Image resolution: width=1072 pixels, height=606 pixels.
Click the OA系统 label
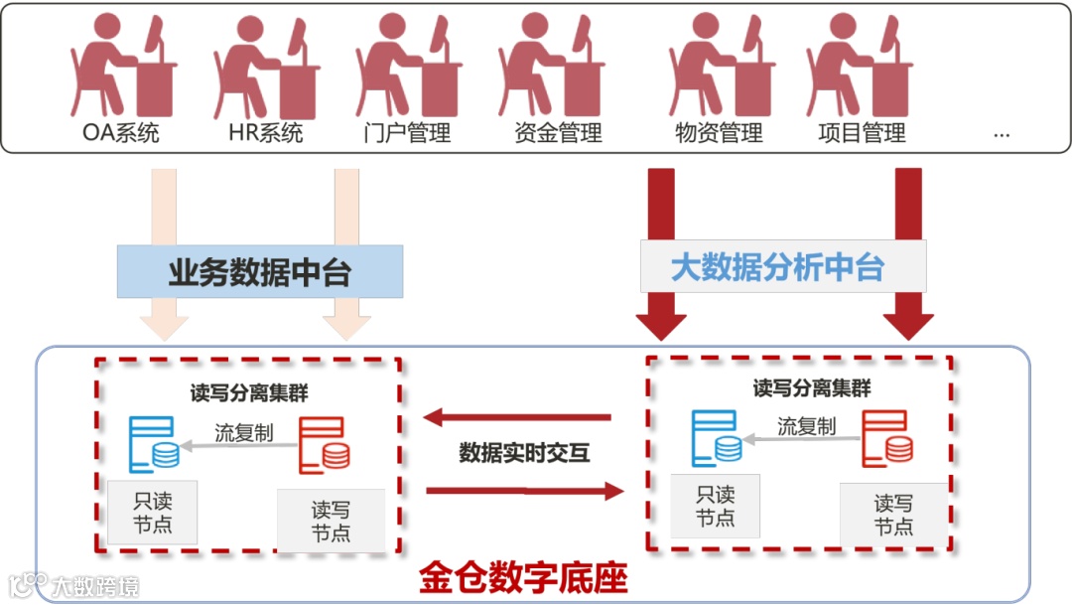tap(121, 132)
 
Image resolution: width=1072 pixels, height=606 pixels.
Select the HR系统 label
tap(265, 132)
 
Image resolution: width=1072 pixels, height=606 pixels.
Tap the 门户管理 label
tap(407, 132)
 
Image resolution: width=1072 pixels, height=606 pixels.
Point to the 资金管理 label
tap(558, 132)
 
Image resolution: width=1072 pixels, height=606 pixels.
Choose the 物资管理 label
tap(719, 132)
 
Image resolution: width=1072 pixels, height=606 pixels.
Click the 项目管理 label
tap(862, 132)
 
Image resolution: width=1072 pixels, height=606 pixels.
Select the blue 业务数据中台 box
tap(260, 271)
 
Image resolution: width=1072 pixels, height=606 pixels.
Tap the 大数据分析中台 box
tap(782, 266)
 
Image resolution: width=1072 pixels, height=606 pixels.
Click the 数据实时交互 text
tap(524, 454)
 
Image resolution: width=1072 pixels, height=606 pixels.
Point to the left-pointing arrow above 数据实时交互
tap(517, 417)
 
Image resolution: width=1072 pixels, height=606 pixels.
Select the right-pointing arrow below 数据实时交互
tap(524, 491)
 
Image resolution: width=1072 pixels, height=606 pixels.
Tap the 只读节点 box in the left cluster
tap(152, 513)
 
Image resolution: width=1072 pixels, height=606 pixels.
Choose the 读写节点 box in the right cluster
tap(892, 515)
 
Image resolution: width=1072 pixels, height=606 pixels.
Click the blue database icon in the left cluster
tap(154, 443)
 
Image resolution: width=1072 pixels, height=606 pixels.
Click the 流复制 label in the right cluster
tap(806, 427)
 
